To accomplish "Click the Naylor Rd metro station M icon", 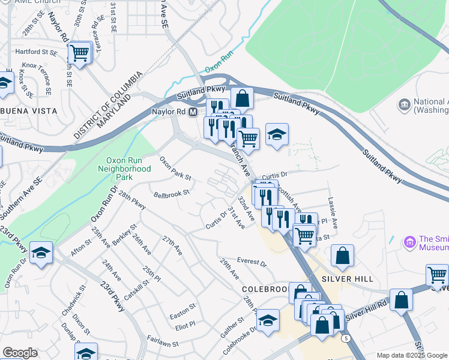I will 193,113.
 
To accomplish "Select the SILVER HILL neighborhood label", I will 348,279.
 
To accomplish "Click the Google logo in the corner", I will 20,352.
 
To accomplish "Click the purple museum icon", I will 411,242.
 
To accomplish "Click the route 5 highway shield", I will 346,338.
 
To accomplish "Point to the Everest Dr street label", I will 251,262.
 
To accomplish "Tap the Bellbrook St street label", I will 172,194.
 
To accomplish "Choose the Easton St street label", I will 182,306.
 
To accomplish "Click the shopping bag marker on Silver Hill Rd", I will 401,299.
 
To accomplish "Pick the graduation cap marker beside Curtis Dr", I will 277,134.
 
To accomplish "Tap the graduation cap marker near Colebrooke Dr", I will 268,320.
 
